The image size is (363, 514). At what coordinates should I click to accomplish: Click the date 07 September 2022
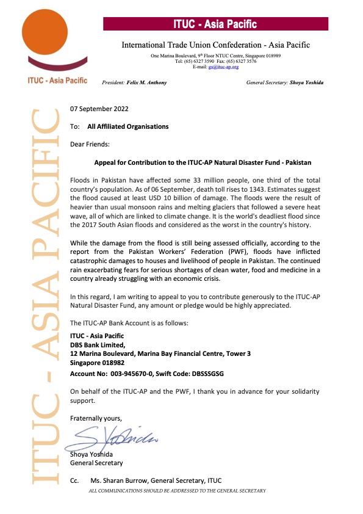tap(99, 110)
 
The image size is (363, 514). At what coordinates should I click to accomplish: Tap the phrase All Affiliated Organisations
tap(128, 127)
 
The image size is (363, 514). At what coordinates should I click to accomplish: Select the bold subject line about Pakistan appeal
tap(203, 164)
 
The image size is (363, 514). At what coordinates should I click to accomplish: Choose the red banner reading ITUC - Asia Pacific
tap(216, 24)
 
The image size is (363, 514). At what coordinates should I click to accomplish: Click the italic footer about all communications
tap(177, 491)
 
